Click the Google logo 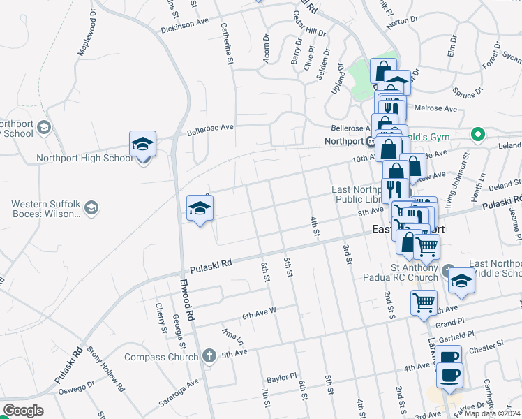(23, 411)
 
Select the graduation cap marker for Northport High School (142, 145)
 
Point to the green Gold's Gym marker (478, 134)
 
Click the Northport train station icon (372, 140)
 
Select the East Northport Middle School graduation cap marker (461, 281)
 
